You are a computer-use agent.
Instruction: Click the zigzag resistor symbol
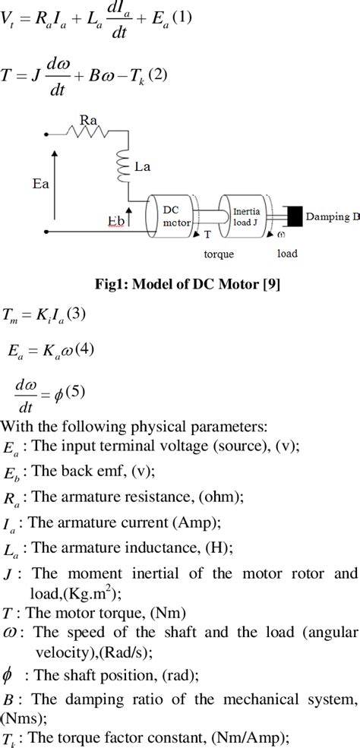(x=88, y=134)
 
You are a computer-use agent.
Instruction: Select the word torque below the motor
(x=219, y=254)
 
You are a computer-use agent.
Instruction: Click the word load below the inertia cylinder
(x=287, y=253)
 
